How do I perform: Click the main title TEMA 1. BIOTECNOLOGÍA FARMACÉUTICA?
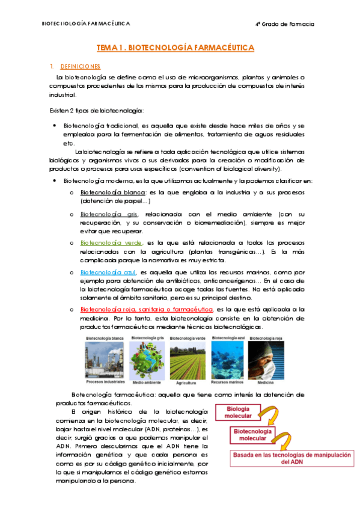(x=175, y=47)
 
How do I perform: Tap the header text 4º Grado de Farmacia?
(x=284, y=24)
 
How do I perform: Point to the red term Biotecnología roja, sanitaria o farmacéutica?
(x=147, y=309)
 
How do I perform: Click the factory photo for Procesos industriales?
(x=105, y=360)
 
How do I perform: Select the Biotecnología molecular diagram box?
(x=252, y=435)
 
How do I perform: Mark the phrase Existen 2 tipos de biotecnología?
(x=96, y=111)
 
